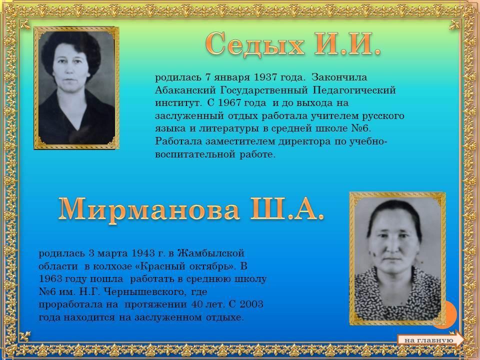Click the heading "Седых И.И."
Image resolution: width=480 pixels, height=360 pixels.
point(293,44)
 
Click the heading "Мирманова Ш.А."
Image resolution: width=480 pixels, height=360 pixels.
point(190,209)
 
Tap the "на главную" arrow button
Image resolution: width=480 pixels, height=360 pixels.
point(430,339)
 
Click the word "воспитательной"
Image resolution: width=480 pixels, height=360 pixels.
point(195,154)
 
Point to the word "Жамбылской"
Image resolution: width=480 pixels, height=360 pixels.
point(210,253)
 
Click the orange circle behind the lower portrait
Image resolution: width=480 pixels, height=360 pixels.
point(450,314)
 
